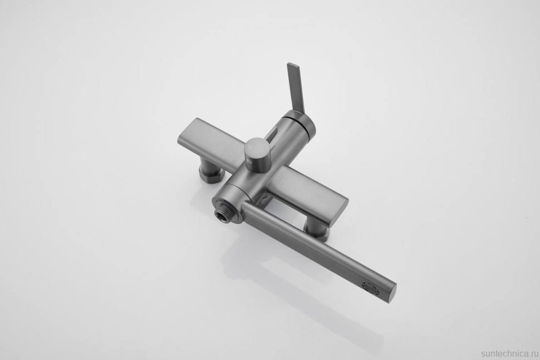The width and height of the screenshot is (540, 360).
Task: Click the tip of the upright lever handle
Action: pos(292,64)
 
